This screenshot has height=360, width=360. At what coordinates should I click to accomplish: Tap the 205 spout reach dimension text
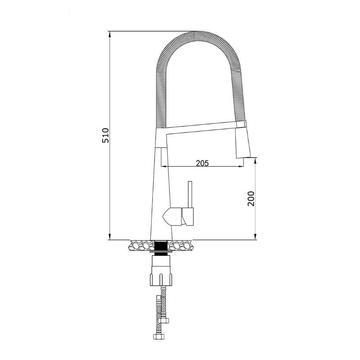point(202,163)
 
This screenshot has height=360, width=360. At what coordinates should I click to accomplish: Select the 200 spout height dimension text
point(251,198)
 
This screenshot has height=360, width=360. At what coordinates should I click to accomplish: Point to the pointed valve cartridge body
point(171,217)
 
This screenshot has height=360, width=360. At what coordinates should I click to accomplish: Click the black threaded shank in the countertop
point(161,246)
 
